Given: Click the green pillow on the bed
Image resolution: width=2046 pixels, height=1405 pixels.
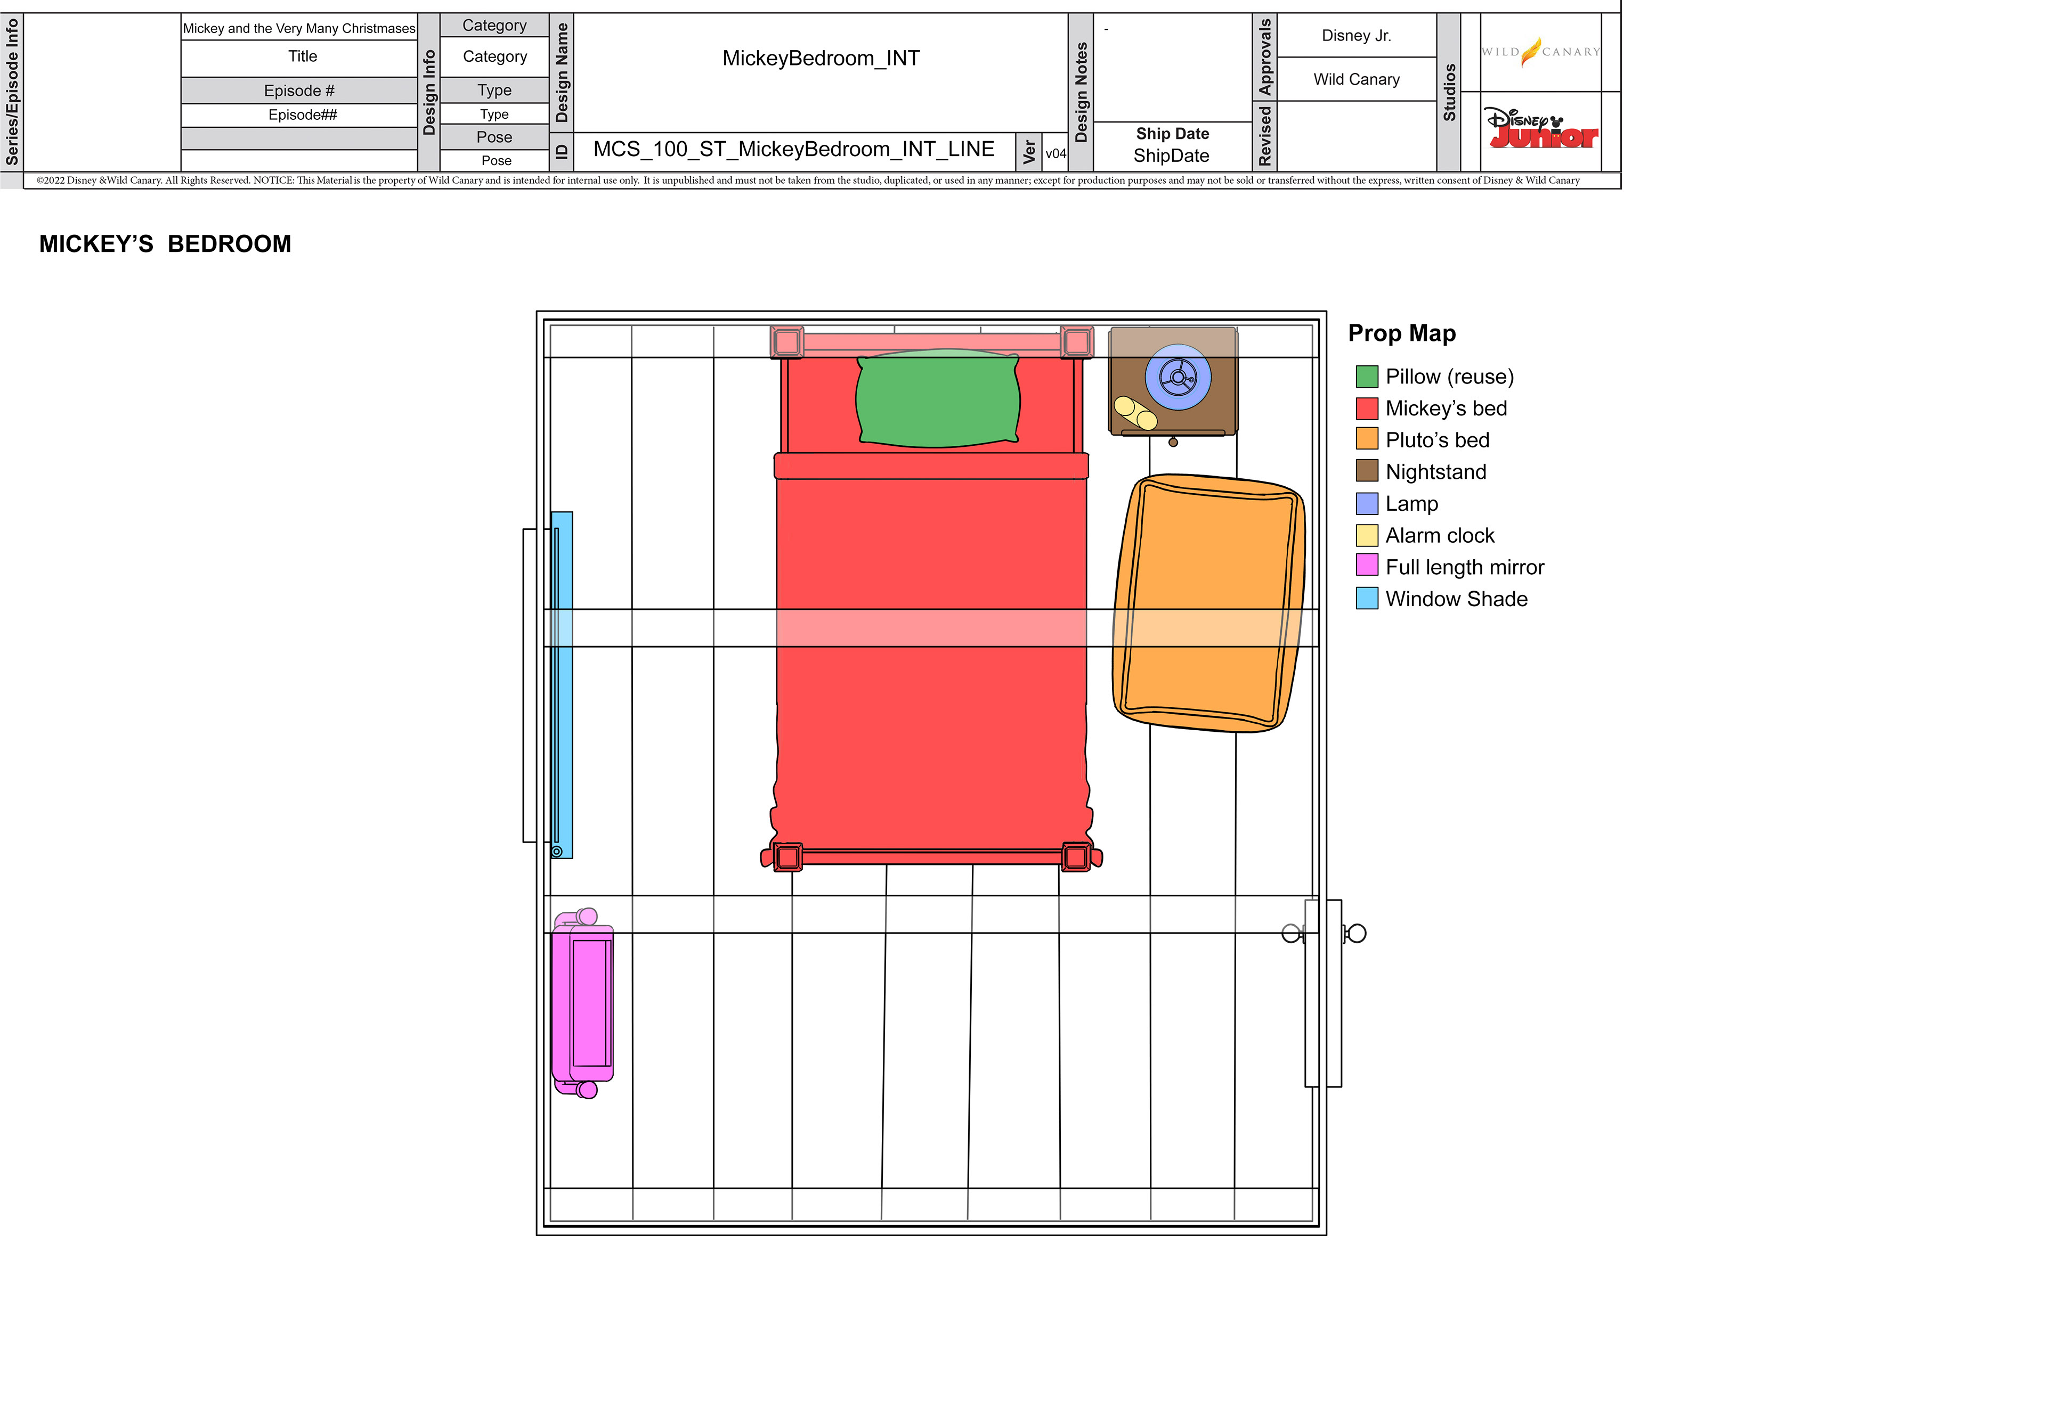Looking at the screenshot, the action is click(937, 398).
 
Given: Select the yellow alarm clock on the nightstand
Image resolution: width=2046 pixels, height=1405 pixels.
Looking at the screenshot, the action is click(1135, 413).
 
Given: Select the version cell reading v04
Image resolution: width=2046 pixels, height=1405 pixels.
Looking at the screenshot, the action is click(1055, 153).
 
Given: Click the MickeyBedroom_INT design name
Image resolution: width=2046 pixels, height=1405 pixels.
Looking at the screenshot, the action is click(821, 58).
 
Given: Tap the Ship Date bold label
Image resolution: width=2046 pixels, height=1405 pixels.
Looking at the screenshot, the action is click(1172, 134).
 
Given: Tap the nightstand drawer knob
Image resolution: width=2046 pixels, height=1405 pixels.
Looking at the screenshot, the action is click(1173, 442).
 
